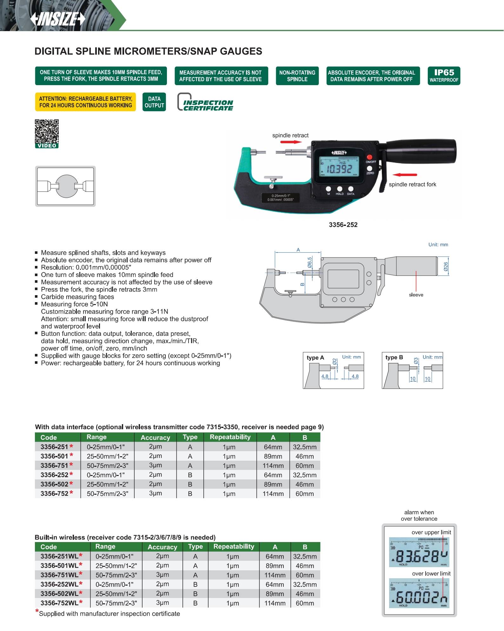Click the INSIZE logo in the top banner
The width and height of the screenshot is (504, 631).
58,19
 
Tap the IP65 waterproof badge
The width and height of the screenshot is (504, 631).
444,76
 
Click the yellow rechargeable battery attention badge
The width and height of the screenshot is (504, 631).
85,102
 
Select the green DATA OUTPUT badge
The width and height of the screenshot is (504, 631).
154,102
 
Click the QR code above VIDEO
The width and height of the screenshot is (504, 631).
47,131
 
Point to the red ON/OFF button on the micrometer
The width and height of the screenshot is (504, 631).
369,157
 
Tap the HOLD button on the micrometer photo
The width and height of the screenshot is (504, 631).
340,189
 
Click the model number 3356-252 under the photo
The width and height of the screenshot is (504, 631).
343,225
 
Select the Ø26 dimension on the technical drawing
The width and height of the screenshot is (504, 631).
446,266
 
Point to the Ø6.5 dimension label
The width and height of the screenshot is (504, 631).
309,263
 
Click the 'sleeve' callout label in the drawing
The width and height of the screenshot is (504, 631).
416,295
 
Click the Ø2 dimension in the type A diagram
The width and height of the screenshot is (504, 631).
335,361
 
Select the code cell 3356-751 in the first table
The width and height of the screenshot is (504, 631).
54,465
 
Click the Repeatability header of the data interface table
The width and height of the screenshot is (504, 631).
230,437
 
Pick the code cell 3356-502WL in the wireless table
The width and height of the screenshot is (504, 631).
59,594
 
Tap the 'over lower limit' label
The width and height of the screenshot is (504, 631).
431,573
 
